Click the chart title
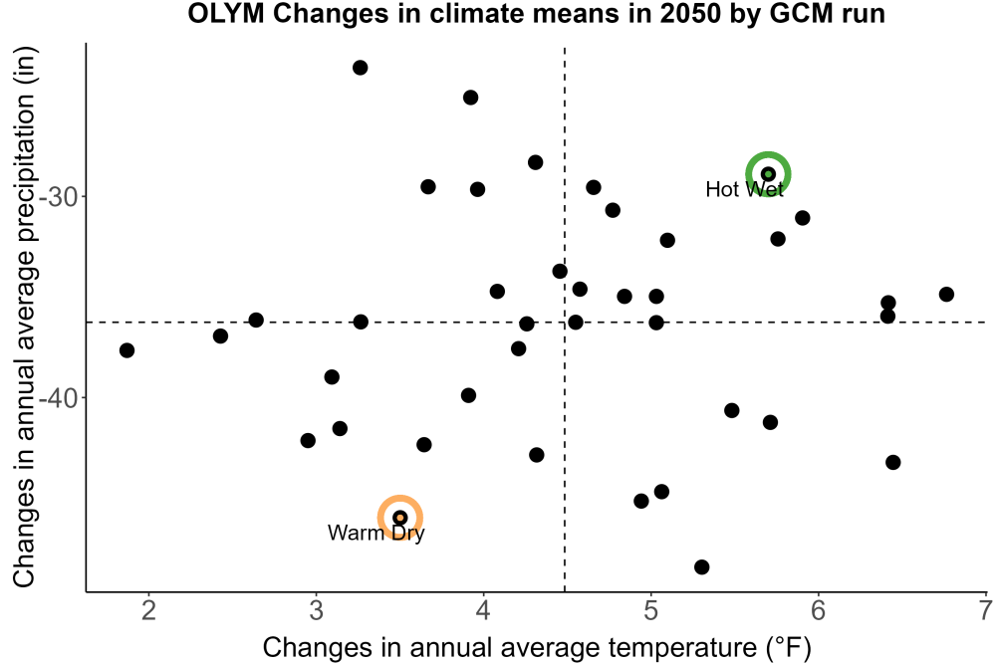(x=536, y=13)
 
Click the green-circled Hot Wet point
(x=768, y=174)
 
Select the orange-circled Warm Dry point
(x=400, y=518)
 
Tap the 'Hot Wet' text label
(x=744, y=189)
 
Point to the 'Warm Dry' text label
(x=376, y=533)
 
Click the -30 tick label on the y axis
(x=58, y=197)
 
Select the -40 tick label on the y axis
(x=58, y=398)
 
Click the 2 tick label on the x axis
(x=148, y=610)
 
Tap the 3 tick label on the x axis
(x=316, y=610)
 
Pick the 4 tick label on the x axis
(x=483, y=610)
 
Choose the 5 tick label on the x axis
(x=650, y=610)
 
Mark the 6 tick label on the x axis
(x=818, y=610)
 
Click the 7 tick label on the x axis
(x=985, y=610)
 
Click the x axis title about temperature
(x=537, y=648)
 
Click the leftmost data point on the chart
(x=127, y=350)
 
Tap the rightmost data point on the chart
(x=946, y=294)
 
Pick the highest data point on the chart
(x=361, y=68)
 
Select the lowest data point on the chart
(x=702, y=566)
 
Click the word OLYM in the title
(x=225, y=13)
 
